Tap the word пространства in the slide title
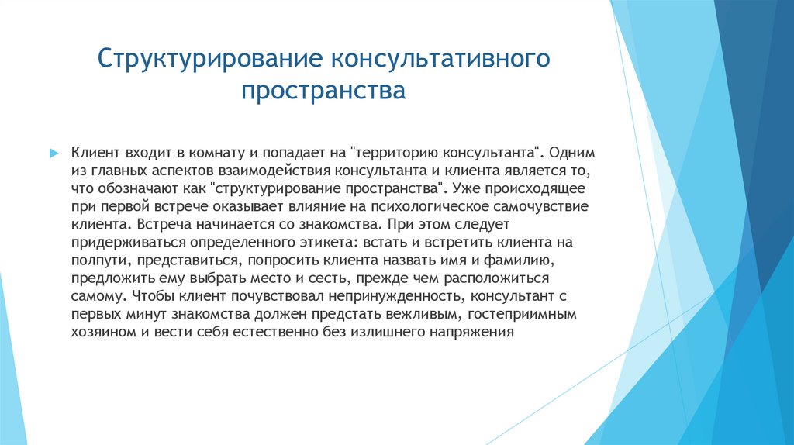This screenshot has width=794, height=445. coord(323,91)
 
